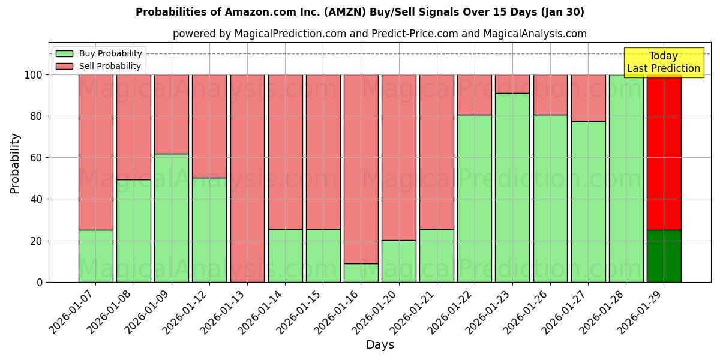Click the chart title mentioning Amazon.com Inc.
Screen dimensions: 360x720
[359, 12]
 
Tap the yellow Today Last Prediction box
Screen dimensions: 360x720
[663, 62]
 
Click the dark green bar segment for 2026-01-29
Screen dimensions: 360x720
[664, 256]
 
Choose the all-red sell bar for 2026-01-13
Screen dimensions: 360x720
[247, 178]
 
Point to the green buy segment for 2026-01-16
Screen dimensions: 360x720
[361, 273]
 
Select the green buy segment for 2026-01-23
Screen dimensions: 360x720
[512, 187]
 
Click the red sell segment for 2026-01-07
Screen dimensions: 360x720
[95, 152]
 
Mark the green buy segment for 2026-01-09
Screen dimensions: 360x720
[172, 218]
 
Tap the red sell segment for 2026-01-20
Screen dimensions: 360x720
[398, 157]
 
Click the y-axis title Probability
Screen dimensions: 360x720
[15, 163]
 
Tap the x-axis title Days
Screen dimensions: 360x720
[380, 345]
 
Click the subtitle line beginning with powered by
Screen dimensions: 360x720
[379, 34]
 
